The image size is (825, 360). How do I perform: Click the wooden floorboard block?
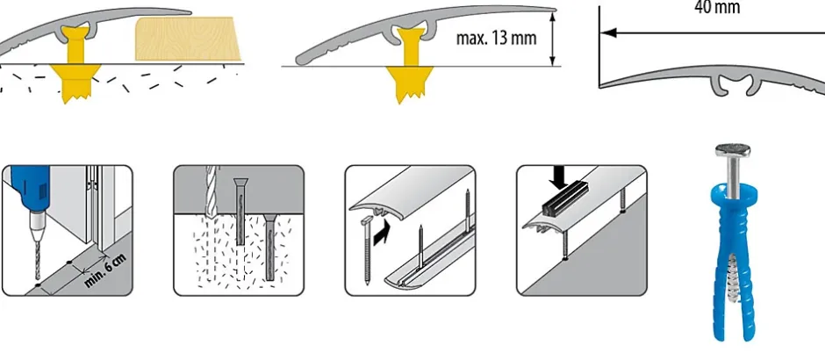tap(188, 39)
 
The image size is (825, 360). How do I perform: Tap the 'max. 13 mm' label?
tap(496, 38)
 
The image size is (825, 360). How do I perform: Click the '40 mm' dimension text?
tap(717, 7)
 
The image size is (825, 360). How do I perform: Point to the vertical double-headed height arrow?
tap(552, 40)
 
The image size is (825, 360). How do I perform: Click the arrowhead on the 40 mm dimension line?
tap(608, 32)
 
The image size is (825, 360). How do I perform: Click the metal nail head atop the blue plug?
tap(732, 150)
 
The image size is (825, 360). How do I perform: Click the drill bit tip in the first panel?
tap(38, 277)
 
